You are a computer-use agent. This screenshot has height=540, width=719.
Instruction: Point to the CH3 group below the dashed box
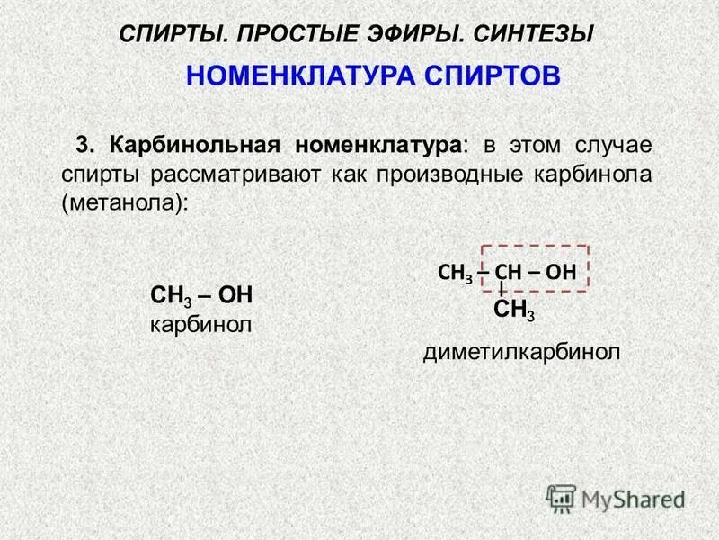coord(514,311)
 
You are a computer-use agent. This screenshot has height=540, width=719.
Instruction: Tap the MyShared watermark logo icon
coord(561,497)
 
